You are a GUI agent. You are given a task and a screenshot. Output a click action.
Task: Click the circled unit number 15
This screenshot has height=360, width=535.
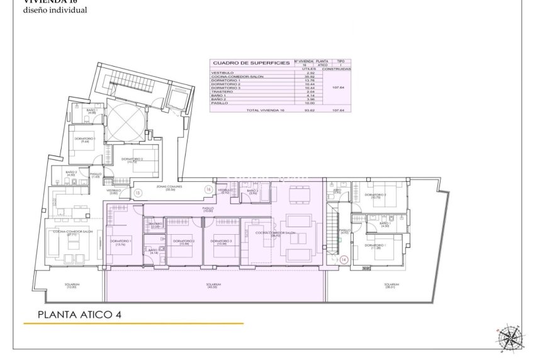137,193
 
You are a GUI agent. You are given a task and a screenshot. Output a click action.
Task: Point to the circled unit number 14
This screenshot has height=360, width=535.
343,259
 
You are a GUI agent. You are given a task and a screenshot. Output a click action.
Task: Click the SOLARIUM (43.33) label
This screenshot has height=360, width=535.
214,286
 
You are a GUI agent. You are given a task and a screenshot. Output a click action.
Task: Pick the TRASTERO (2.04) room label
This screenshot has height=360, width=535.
155,225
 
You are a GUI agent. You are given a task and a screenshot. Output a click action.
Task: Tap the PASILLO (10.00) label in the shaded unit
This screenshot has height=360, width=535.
208,210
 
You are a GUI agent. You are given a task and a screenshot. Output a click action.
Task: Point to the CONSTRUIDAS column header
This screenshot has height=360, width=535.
340,68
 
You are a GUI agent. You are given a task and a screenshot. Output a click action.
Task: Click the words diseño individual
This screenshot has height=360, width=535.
47,11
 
